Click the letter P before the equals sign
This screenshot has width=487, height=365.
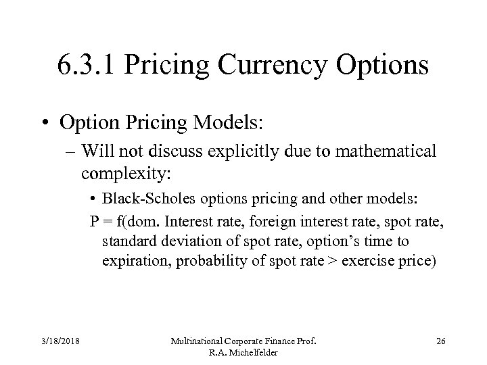(95, 222)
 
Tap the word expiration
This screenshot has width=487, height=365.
(133, 261)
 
